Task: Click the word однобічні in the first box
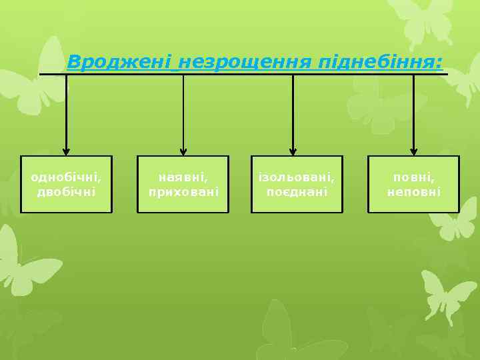[67, 177]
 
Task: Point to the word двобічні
[67, 191]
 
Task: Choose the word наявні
[183, 177]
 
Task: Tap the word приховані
[183, 191]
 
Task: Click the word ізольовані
[297, 177]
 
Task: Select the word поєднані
[297, 191]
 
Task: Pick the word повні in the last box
[414, 177]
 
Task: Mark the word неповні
[414, 191]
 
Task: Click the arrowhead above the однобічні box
[66, 151]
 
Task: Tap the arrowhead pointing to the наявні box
[183, 151]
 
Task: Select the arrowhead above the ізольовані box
[293, 151]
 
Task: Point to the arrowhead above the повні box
[413, 151]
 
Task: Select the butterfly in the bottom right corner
[447, 293]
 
